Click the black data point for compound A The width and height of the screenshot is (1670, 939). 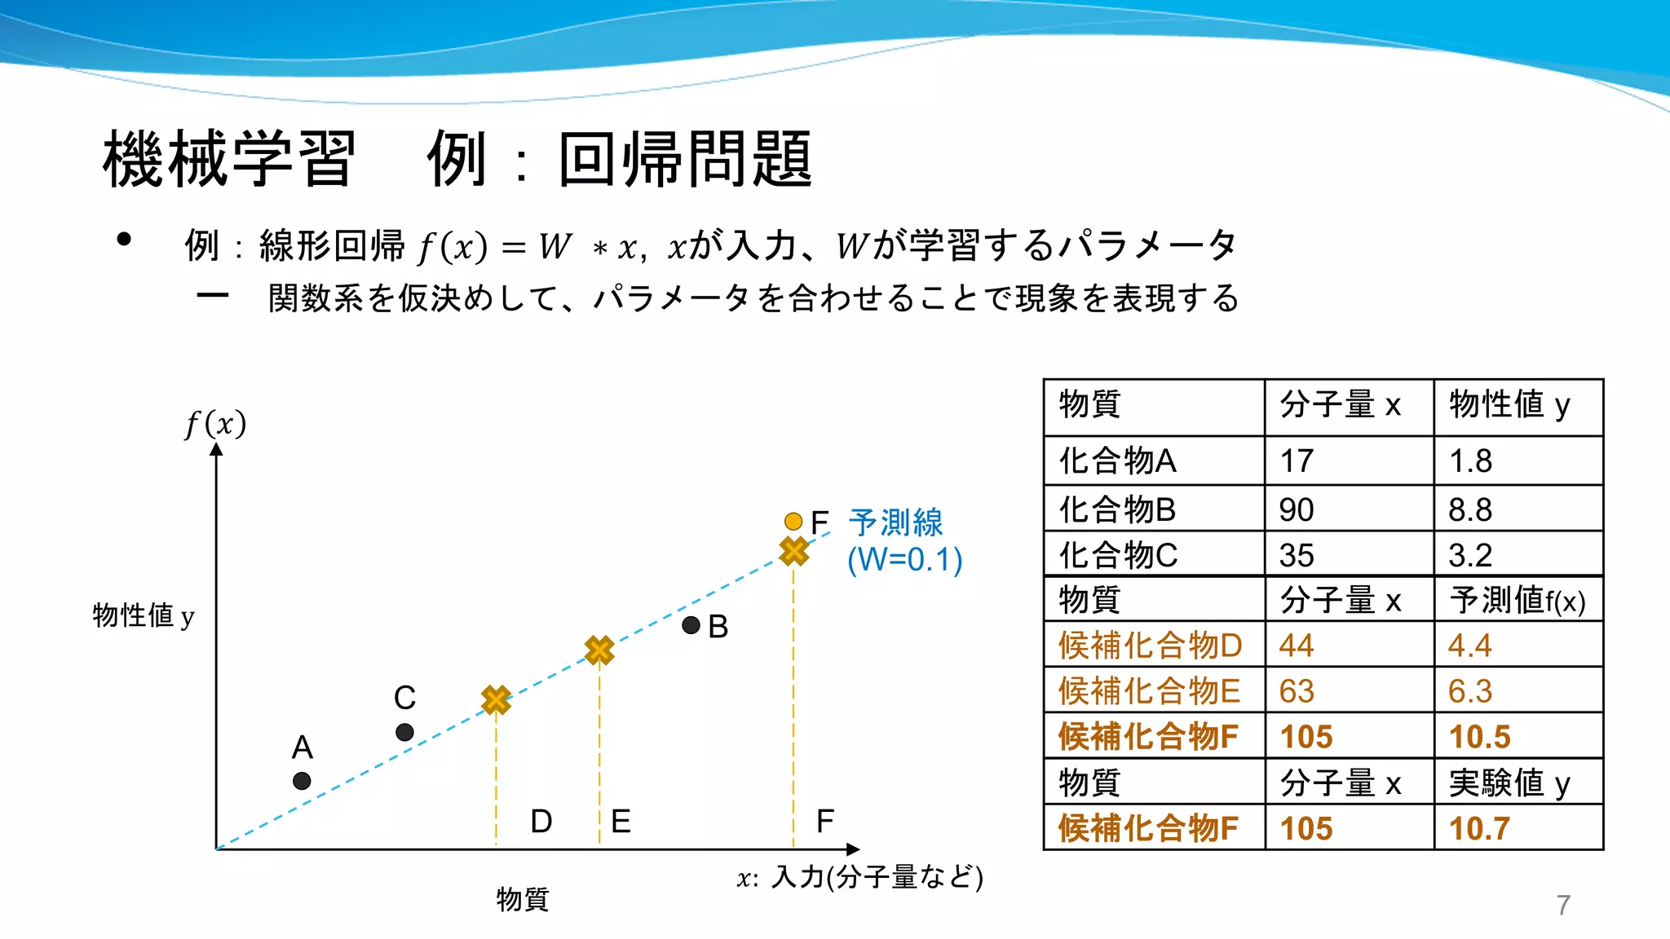[x=302, y=781]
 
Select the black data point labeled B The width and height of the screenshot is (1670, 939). [x=691, y=625]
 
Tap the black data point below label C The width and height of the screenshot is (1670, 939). [x=404, y=732]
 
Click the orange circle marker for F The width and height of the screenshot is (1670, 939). [x=793, y=521]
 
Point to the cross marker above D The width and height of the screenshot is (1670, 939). [x=496, y=699]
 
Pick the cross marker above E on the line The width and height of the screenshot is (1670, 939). [x=599, y=650]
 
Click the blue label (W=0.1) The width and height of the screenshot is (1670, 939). [x=904, y=560]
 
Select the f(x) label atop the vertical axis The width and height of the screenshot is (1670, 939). [x=215, y=424]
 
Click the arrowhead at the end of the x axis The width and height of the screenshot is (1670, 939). [x=853, y=849]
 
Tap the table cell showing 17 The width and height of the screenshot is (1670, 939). [x=1297, y=461]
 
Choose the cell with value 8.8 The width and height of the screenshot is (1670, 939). [x=1469, y=510]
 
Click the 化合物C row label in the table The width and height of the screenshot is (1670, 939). [x=1118, y=556]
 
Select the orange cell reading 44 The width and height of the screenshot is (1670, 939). [x=1297, y=646]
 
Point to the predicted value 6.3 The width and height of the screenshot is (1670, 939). [x=1469, y=692]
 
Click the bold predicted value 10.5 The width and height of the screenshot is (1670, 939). [x=1479, y=738]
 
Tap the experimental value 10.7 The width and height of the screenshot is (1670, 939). [x=1479, y=829]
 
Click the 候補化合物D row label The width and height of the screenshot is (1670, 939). [x=1150, y=646]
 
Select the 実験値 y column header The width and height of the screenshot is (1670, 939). [x=1509, y=783]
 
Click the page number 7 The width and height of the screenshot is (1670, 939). [x=1563, y=906]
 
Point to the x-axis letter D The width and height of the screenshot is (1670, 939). [x=541, y=822]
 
